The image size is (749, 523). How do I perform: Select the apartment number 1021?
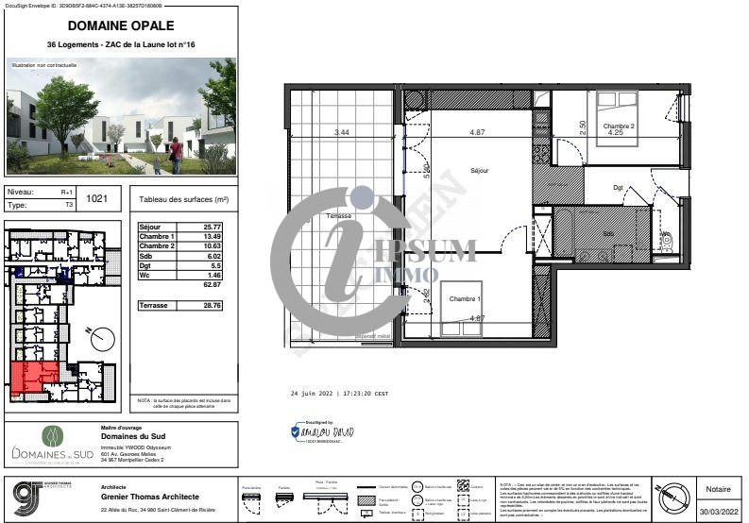96,198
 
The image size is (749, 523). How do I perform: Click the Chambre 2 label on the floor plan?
619,127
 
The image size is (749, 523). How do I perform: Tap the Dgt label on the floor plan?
619,188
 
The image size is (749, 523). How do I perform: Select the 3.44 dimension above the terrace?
341,132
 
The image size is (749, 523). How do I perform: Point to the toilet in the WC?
666,240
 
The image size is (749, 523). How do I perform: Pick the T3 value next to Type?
67,204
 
